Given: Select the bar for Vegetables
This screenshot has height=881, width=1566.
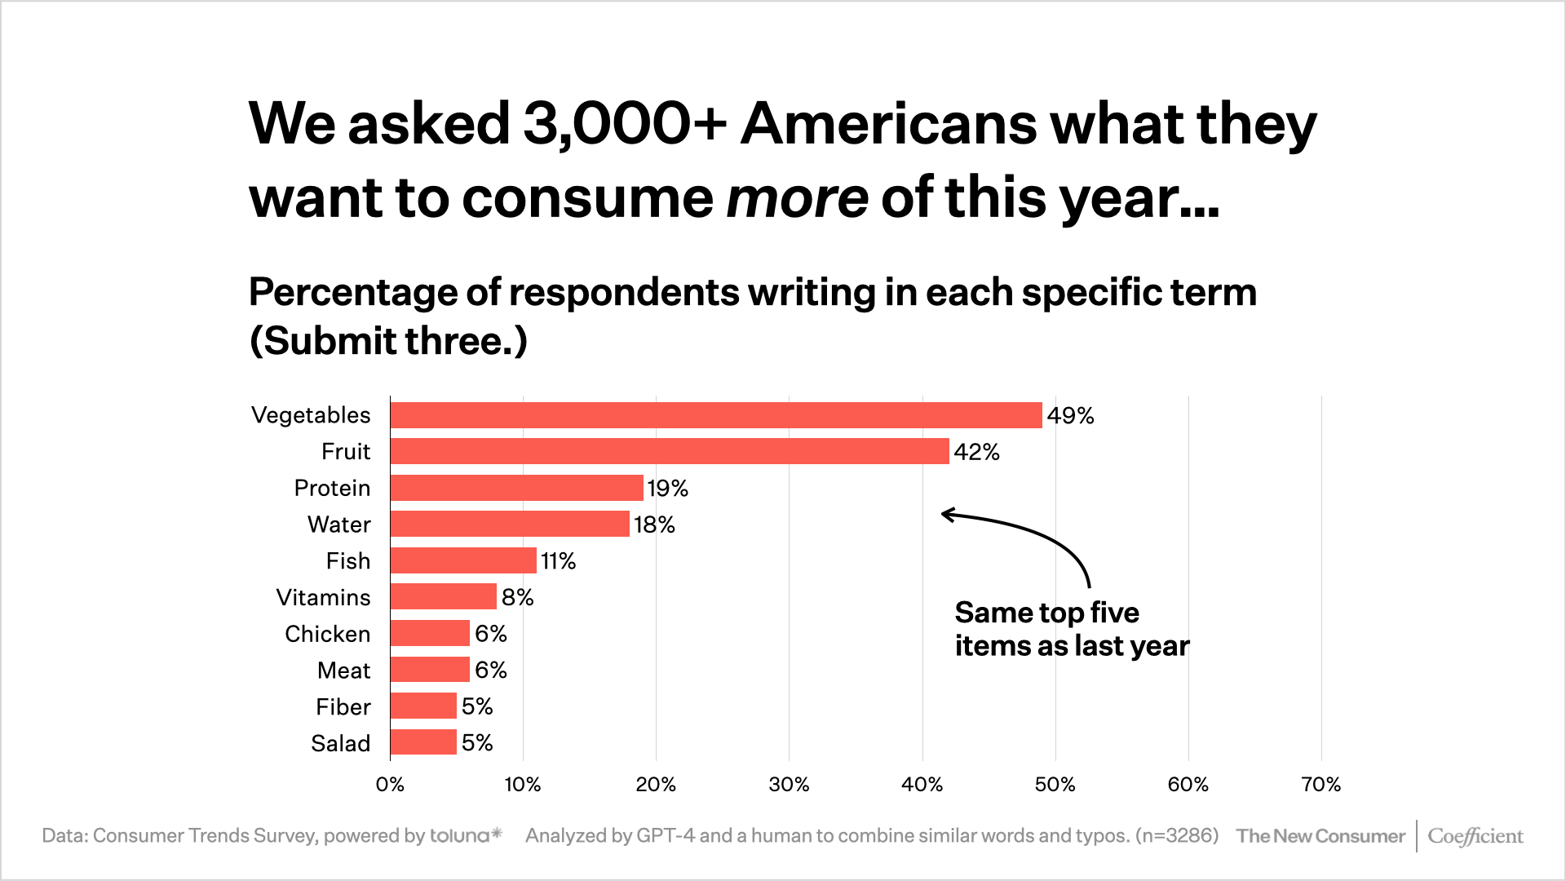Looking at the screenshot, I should point(716,415).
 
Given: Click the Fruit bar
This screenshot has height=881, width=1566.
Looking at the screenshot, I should point(670,451).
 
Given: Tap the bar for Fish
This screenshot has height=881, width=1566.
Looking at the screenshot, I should point(463,560).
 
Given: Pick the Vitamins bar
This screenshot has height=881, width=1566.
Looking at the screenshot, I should point(444,596).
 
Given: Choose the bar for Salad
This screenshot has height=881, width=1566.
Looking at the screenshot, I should point(423,742).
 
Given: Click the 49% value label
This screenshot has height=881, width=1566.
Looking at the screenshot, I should point(1070,416).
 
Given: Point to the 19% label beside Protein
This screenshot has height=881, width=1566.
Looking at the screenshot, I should point(667,489).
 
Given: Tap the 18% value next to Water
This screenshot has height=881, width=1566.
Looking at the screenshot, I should point(654,525).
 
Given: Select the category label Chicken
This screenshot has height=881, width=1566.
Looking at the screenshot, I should point(327,634).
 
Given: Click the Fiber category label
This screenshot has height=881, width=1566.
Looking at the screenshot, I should point(343,706).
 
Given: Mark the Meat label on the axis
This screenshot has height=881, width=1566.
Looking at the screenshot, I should point(343,671).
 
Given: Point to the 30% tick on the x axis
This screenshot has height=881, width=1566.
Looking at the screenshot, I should point(789,785).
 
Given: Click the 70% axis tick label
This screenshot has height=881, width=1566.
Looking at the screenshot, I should point(1320,785).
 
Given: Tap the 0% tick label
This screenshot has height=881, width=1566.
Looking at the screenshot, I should point(390,785).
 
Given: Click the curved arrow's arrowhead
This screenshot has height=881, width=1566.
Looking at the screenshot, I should point(947,514).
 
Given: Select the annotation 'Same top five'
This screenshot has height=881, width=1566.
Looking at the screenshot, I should point(1046,613).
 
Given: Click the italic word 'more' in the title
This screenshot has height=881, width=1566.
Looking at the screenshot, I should point(796,198).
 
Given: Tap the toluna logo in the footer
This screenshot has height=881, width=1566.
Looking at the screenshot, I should point(466,835).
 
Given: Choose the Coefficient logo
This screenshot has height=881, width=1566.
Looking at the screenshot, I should point(1475,836).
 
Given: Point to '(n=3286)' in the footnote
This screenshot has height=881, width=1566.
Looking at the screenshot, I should point(1176,835).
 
